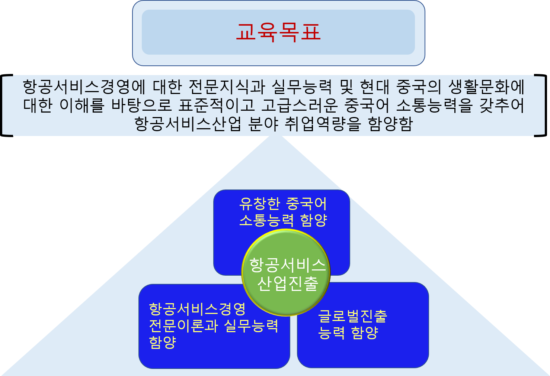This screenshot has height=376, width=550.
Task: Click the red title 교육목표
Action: coord(278,32)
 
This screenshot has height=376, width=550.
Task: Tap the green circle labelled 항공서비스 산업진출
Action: coord(286,272)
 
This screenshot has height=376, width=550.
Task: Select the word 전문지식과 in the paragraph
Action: coord(227,87)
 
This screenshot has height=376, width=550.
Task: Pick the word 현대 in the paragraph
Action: coord(375,87)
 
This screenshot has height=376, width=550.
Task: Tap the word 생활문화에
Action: coord(486,87)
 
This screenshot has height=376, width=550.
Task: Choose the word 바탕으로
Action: coord(141,105)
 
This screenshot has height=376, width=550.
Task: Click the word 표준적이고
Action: coord(216,105)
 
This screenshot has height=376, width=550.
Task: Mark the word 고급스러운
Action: coord(299,105)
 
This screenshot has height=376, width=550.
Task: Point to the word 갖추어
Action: coord(502,105)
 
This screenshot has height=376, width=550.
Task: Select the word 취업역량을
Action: coord(323,123)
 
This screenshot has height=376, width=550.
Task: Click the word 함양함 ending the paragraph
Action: coord(390,123)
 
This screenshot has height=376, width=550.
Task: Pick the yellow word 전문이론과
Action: coord(183,326)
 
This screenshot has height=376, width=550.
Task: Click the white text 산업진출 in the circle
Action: coord(288,283)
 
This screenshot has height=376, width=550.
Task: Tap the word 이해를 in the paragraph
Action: coord(82,105)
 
